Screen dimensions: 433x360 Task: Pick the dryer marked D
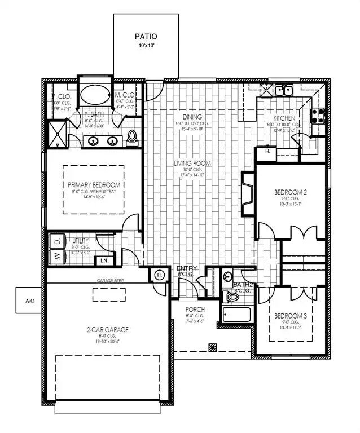tap(57, 241)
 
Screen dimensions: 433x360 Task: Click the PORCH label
tap(195, 310)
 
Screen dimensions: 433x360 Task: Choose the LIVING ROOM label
tap(192, 164)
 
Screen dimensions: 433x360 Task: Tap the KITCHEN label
tap(284, 118)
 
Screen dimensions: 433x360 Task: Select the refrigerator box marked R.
tap(265, 152)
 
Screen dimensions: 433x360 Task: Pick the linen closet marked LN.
tap(104, 260)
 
